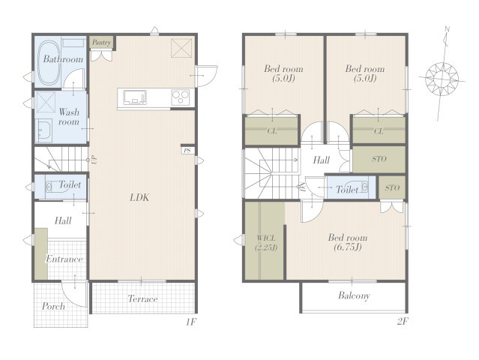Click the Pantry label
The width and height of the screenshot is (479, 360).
[101, 43]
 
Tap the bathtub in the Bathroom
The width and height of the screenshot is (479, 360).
[48, 63]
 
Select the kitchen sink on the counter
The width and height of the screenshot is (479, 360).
[135, 97]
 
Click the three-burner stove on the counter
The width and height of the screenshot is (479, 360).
[181, 97]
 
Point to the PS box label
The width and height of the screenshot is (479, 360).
[187, 151]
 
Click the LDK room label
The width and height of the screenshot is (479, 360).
[139, 198]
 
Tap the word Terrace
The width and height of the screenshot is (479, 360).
[142, 298]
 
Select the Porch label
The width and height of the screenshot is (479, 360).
[53, 306]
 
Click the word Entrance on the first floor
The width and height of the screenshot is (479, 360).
[64, 259]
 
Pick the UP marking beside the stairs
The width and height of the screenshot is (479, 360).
[94, 160]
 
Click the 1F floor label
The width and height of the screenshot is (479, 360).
[190, 322]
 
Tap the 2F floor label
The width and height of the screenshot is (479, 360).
[403, 322]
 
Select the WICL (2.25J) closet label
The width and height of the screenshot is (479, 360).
[266, 243]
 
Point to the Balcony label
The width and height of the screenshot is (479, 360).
[354, 295]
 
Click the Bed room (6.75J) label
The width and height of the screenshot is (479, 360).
[348, 242]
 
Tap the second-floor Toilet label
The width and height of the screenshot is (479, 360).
[347, 190]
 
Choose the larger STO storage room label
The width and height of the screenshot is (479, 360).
[379, 159]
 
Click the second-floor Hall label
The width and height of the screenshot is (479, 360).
[321, 160]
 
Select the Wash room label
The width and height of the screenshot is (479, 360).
[69, 117]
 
